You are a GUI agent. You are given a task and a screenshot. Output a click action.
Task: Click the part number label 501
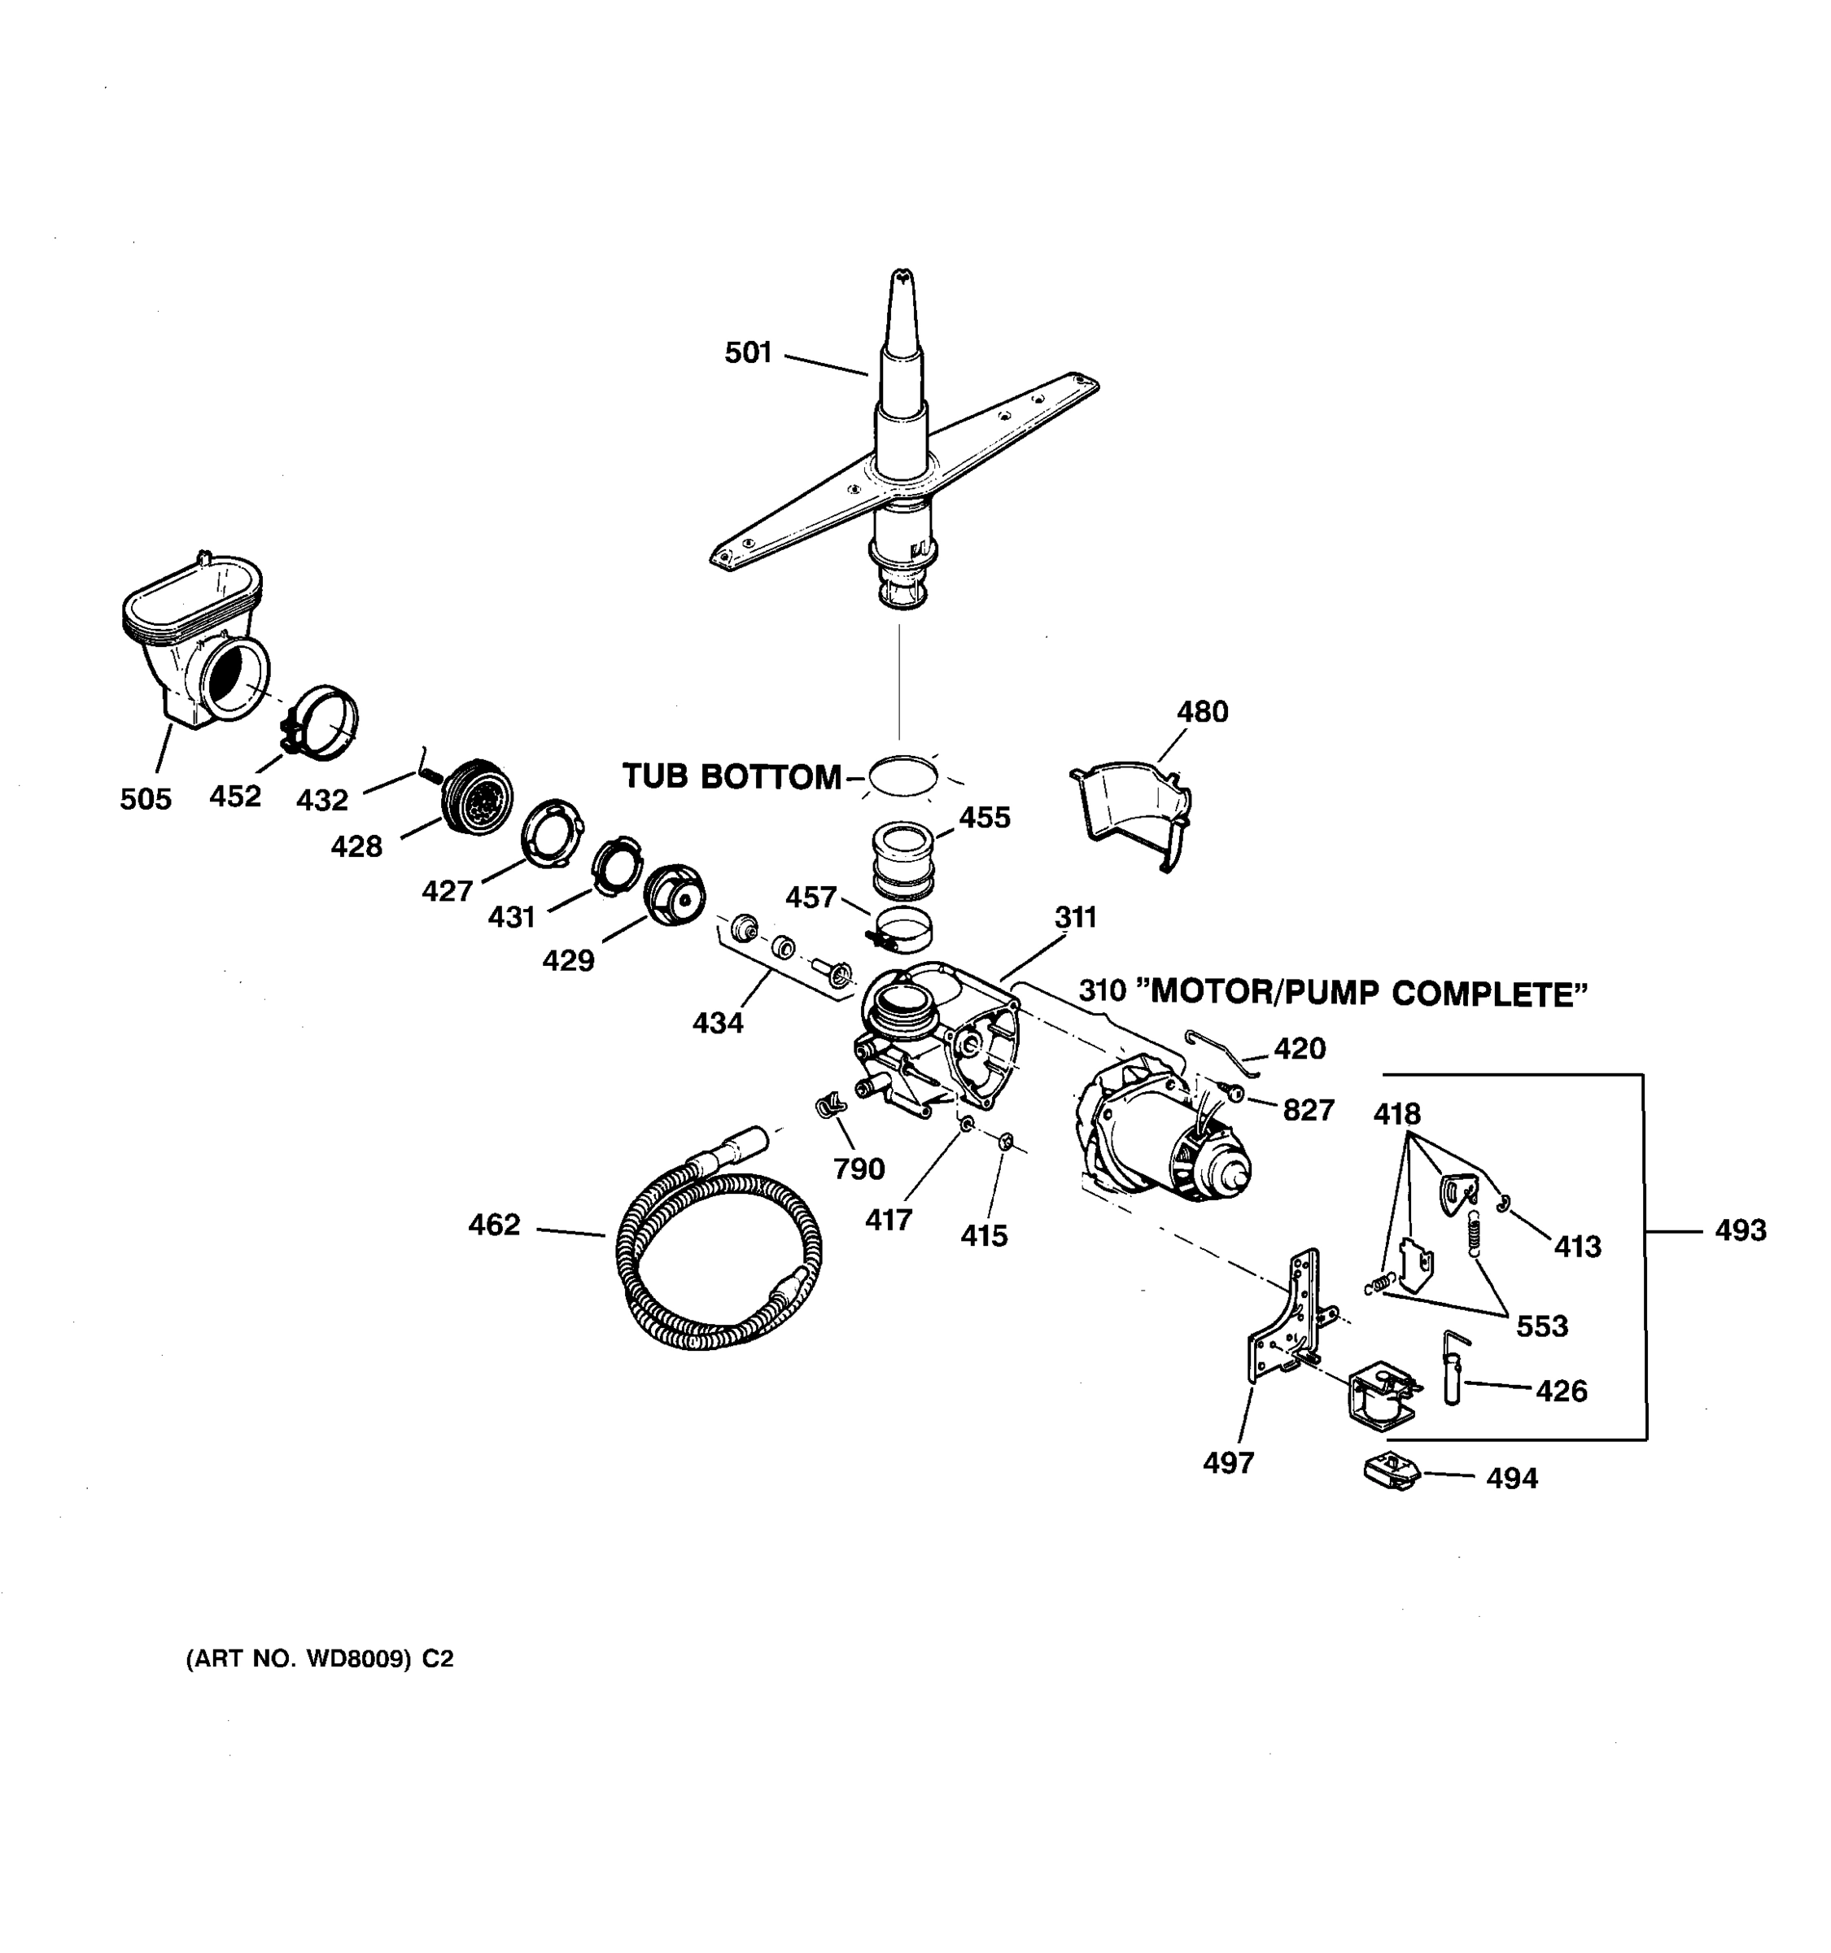click(x=749, y=352)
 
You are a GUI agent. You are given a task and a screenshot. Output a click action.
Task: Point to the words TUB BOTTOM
click(x=732, y=777)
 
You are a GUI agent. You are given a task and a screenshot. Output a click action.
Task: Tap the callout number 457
click(x=811, y=897)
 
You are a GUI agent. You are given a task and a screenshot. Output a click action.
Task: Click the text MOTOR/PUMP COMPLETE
click(x=1368, y=994)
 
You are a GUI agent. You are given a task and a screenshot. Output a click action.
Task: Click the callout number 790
click(x=859, y=1169)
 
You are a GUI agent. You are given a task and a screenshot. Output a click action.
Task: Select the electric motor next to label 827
click(x=1159, y=1129)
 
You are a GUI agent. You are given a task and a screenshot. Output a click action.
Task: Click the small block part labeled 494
click(x=1391, y=1473)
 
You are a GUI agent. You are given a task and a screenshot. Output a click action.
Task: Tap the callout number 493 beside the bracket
click(x=1740, y=1230)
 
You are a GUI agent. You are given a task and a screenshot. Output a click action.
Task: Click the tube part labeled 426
click(x=1452, y=1370)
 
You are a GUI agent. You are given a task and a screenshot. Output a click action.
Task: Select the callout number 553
click(x=1541, y=1326)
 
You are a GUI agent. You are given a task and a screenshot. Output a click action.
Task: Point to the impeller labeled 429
click(x=674, y=895)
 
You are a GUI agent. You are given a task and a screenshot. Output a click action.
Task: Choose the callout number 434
click(x=717, y=1023)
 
